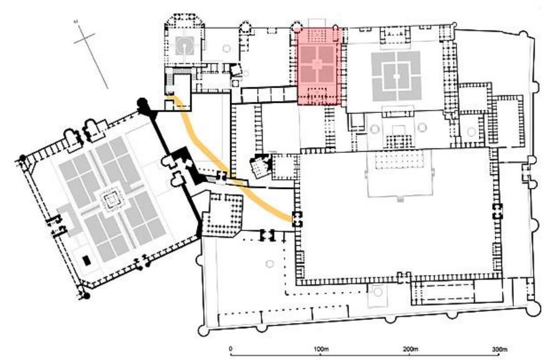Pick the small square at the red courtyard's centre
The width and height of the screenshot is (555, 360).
(x=318, y=64)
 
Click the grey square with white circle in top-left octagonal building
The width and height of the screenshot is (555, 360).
(x=185, y=44)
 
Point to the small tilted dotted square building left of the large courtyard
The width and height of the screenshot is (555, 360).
(x=258, y=165)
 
